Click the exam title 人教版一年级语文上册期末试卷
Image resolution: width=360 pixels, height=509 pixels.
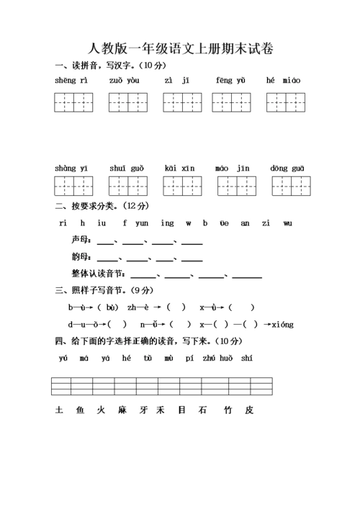click(180, 49)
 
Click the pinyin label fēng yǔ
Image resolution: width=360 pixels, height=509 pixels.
click(230, 80)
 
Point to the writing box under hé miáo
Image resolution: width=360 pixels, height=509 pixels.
click(286, 102)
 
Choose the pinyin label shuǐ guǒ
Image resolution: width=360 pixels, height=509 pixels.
click(127, 168)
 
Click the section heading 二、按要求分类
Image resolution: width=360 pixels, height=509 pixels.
click(84, 206)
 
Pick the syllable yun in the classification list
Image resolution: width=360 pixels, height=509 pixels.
click(142, 223)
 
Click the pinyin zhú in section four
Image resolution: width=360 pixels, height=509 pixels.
click(209, 358)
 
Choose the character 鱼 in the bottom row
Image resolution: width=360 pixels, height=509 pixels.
click(80, 410)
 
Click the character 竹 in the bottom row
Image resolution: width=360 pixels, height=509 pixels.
click(228, 410)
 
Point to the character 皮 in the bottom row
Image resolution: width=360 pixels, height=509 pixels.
click(249, 410)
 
